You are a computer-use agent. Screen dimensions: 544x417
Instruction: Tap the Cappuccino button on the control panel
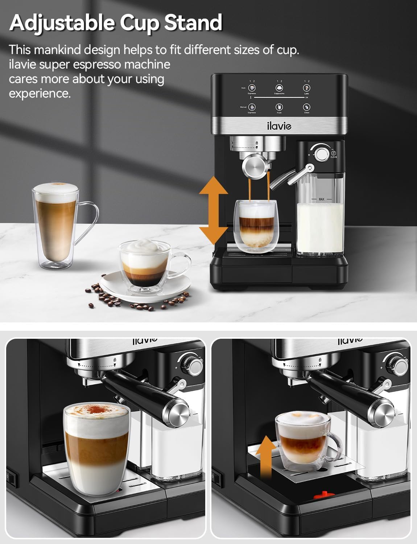click(279, 88)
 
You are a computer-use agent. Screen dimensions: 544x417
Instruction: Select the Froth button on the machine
click(279, 107)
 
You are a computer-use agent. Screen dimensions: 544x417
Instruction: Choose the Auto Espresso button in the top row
click(252, 88)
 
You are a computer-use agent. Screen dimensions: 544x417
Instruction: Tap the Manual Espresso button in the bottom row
click(252, 107)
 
